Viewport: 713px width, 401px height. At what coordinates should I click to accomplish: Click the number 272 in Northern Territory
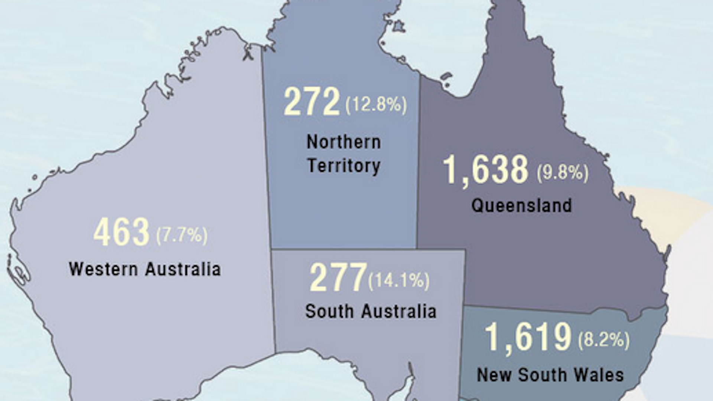tap(311, 101)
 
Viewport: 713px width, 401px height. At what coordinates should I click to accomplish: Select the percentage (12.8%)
tap(376, 105)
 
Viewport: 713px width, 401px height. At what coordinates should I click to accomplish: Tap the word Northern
tap(344, 142)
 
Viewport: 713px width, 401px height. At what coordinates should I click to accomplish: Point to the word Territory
tap(344, 165)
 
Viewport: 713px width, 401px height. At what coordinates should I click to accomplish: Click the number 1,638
tap(486, 170)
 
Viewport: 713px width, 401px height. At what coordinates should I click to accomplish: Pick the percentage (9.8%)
tap(562, 173)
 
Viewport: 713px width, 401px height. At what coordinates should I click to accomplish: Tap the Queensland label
tap(521, 205)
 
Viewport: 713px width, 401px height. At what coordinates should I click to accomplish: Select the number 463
tap(121, 232)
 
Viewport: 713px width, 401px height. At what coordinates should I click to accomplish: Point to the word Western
tap(103, 269)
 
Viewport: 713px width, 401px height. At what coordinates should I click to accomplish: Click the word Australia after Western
tap(183, 269)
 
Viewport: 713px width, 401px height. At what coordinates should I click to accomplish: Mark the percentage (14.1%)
tap(398, 280)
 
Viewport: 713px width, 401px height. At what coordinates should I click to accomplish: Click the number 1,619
tap(528, 337)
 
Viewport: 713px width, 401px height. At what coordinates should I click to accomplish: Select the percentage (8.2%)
tap(603, 340)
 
